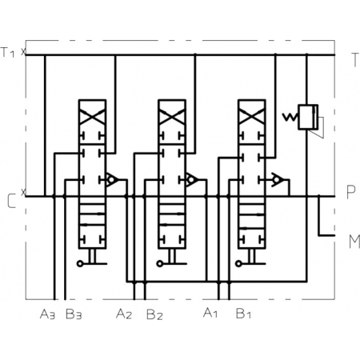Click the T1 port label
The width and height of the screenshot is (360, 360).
7,52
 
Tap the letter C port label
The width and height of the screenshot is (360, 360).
11,202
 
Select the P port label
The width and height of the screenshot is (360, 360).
351,192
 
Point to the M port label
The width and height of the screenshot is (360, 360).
354,242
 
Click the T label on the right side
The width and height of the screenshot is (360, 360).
355,59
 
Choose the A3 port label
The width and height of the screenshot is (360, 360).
47,314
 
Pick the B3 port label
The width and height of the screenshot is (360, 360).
74,314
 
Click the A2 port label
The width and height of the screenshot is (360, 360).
124,314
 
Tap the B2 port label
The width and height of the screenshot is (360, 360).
154,314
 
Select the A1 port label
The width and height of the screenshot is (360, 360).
210,313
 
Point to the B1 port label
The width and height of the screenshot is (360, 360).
243,313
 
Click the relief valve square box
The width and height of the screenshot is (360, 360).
308,117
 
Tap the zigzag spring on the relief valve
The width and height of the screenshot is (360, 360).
290,117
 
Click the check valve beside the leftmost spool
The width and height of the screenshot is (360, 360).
112,179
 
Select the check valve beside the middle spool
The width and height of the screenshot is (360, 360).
192,179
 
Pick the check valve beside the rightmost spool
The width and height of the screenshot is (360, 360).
278,179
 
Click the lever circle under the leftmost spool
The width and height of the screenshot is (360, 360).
80,264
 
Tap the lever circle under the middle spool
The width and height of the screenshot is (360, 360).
159,264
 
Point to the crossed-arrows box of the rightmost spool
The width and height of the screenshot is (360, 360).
251,115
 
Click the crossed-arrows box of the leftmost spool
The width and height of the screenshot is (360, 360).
92,115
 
